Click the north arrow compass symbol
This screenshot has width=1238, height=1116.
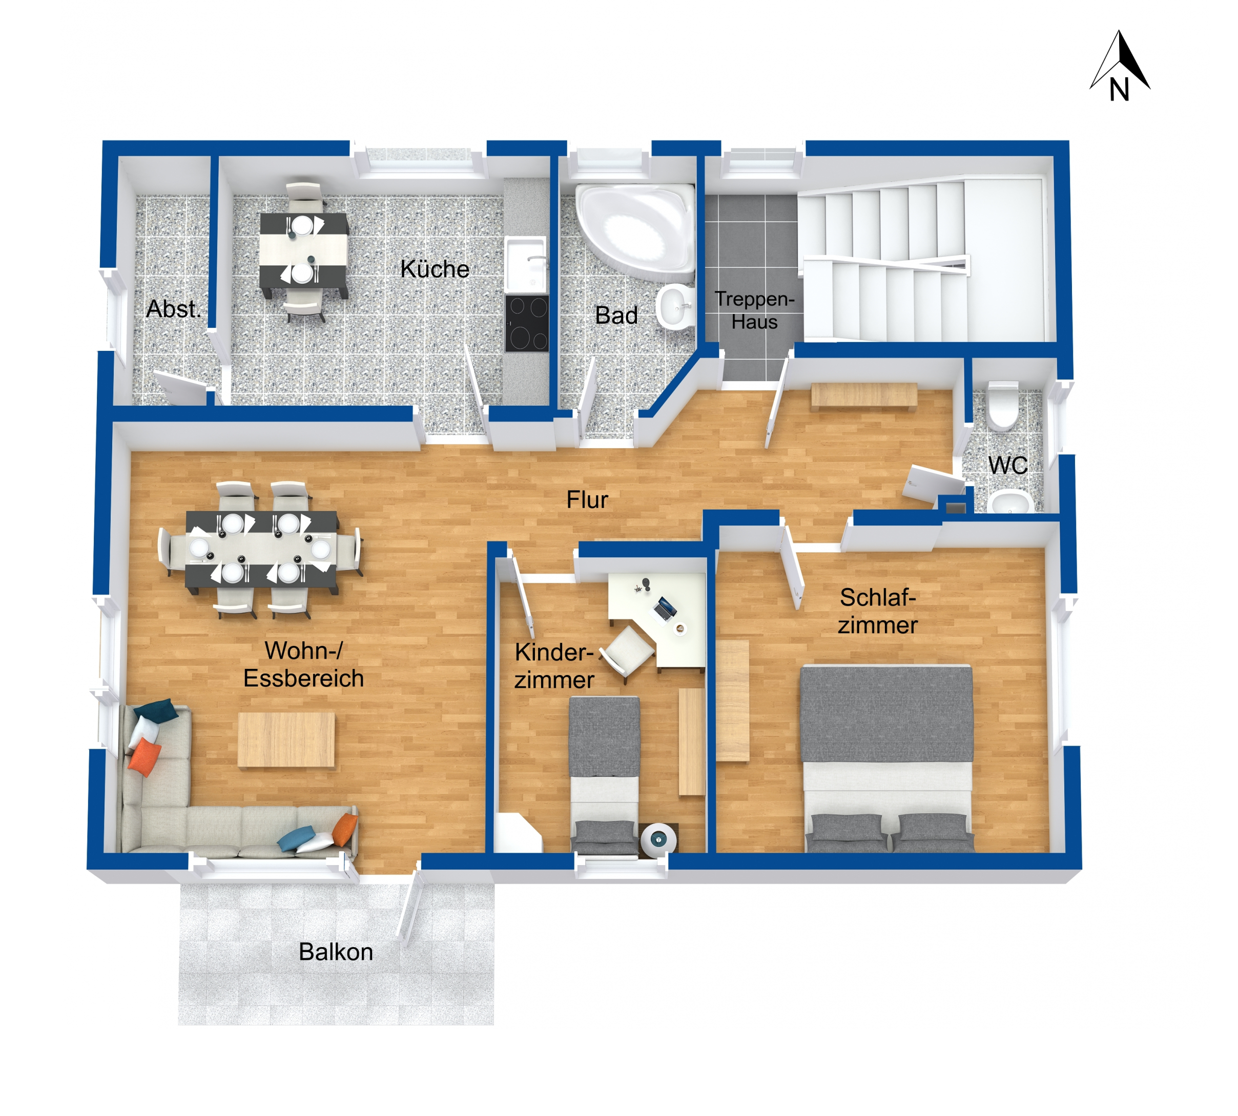point(1119,66)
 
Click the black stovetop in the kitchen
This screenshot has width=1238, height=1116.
point(526,323)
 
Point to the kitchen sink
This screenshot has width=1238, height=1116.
point(526,264)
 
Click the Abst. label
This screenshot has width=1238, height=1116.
point(174,308)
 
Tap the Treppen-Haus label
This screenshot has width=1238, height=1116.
point(755,310)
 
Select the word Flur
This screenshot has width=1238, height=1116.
point(587,500)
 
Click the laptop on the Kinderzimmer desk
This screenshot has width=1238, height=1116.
point(665,608)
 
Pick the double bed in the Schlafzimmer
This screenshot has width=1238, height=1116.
point(887,759)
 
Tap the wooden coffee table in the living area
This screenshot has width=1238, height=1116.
point(286,740)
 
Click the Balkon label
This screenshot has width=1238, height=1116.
point(336,952)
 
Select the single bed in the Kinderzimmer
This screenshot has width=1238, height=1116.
point(604,774)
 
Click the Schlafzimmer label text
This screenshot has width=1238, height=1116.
point(878,610)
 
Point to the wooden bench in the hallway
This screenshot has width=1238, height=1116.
point(864,394)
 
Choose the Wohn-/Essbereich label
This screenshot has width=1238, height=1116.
point(304,664)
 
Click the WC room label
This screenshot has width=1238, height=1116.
point(1007,466)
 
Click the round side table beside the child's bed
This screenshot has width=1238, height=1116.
point(659,839)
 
